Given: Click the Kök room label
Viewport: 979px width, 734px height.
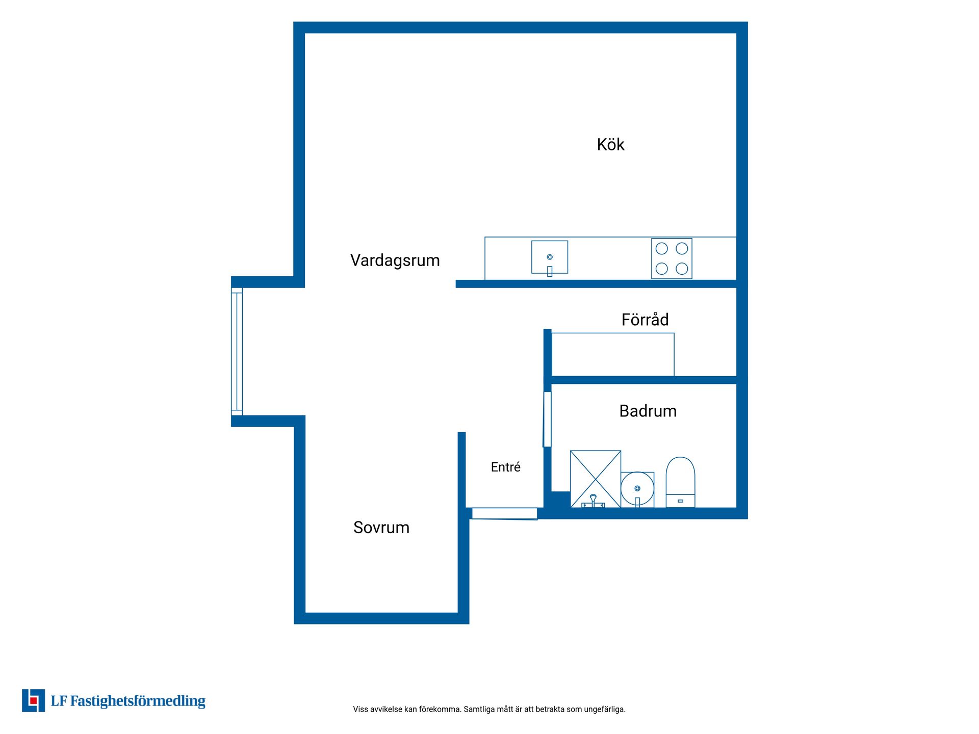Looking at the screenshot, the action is [610, 145].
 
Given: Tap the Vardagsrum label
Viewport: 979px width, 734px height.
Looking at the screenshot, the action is [395, 260].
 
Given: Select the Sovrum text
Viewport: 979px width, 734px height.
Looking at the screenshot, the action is [381, 528].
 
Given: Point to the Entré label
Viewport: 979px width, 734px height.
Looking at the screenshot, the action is [506, 467].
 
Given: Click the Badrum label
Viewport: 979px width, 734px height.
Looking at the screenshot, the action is [648, 411].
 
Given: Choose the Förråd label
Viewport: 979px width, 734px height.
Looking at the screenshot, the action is [645, 320].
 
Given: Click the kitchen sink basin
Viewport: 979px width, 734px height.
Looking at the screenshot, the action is [550, 257].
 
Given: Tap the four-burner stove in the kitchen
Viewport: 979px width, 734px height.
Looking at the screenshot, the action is [672, 258].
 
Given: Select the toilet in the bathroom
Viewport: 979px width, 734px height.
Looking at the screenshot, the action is [680, 482].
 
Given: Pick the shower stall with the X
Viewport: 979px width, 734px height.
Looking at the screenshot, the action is [596, 479].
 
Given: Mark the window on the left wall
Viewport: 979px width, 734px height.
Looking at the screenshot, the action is [237, 352].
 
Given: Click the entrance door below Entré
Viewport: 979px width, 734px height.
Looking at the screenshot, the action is [504, 514].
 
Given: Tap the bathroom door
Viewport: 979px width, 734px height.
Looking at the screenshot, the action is [547, 419].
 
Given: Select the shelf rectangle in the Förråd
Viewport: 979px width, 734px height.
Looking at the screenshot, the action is [613, 355].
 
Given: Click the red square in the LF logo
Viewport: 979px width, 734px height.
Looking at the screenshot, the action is [34, 701].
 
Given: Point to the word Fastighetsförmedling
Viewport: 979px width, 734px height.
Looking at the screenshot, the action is [138, 701].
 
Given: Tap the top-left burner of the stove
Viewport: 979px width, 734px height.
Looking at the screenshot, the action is [662, 249].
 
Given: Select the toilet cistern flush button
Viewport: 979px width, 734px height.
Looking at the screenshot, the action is [680, 501].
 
